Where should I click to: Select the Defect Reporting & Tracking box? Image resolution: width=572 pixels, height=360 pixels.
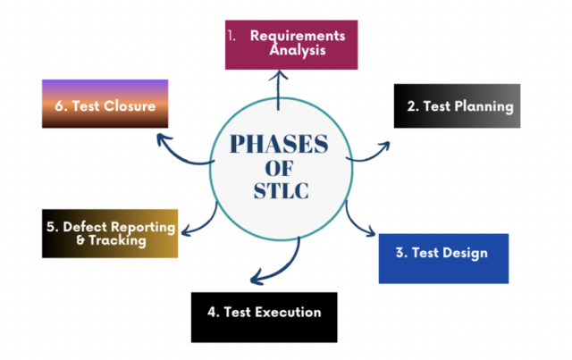(109, 232)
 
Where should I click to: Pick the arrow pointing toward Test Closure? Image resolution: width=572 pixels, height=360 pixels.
(183, 152)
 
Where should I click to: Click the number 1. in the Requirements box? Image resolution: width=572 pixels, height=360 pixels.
(233, 37)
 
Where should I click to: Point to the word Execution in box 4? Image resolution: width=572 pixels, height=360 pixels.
(288, 313)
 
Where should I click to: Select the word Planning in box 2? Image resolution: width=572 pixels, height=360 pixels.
(479, 107)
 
